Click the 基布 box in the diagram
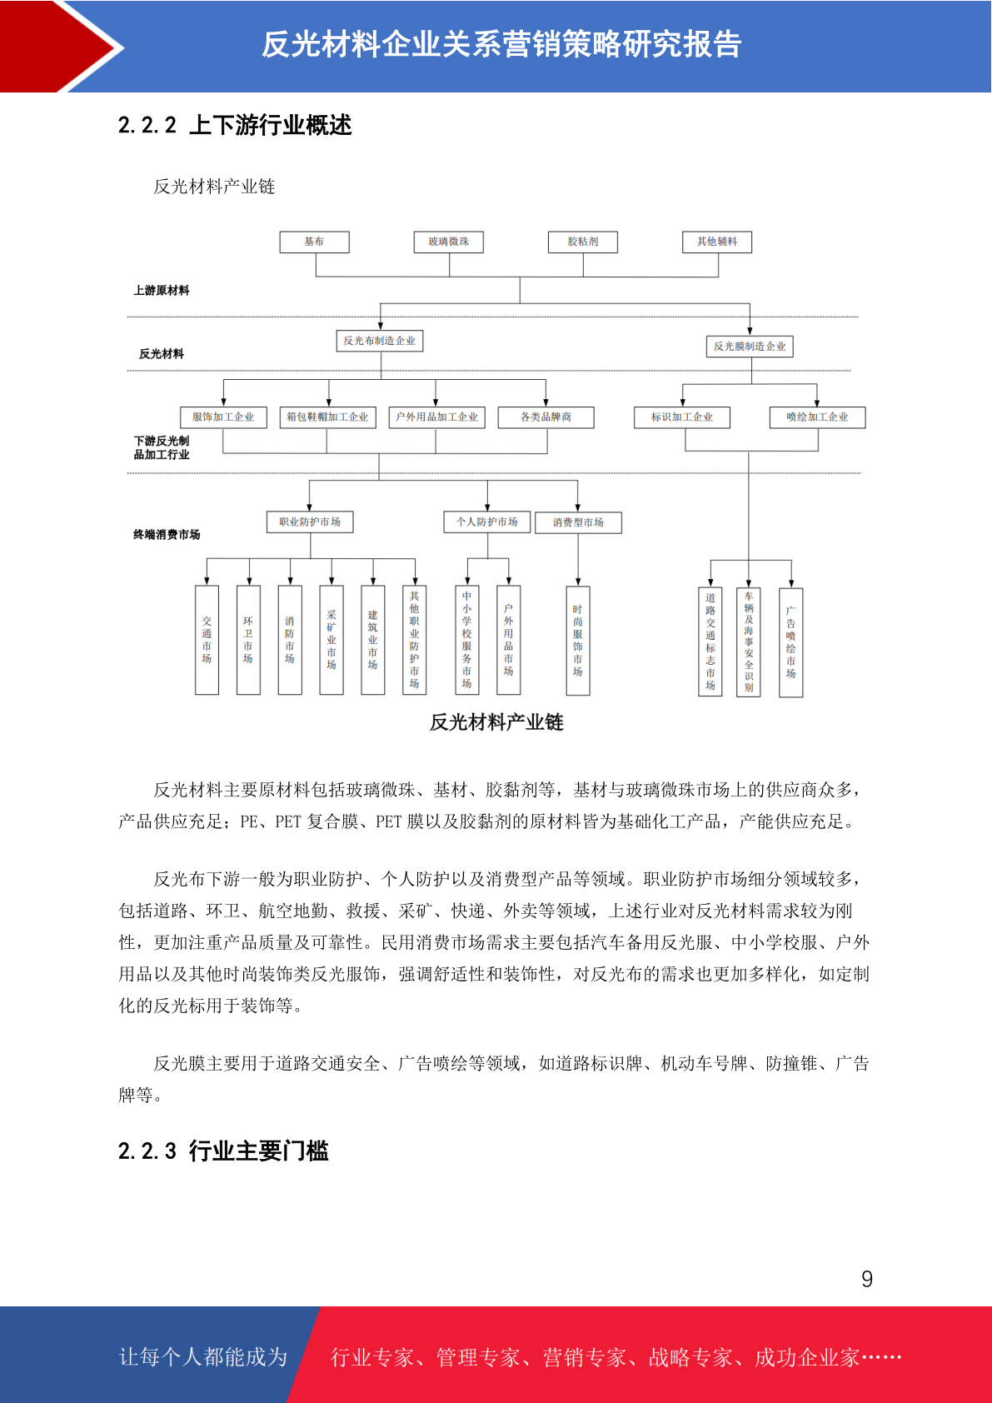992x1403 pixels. [x=314, y=242]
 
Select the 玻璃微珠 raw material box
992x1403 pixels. [x=449, y=242]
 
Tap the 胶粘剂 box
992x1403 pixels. [x=583, y=242]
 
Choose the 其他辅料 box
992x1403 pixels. [x=717, y=242]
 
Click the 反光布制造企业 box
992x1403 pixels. [x=380, y=341]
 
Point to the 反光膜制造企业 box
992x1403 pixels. [x=750, y=346]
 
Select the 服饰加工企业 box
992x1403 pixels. [x=223, y=417]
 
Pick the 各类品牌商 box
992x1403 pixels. [x=546, y=417]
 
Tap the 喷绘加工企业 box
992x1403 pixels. [x=817, y=417]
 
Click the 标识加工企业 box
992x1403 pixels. [x=682, y=417]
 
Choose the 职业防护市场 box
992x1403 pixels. [x=310, y=522]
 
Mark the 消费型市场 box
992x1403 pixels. [x=578, y=522]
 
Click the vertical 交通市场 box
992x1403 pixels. [x=207, y=640]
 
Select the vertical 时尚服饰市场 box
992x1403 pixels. [x=578, y=640]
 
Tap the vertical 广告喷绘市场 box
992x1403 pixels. [x=790, y=642]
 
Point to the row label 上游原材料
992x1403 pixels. [x=162, y=291]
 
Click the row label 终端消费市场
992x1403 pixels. [x=167, y=535]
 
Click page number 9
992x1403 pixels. [x=867, y=1280]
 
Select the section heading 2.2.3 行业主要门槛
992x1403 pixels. [x=223, y=1151]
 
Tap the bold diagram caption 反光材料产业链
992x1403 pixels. [x=496, y=722]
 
